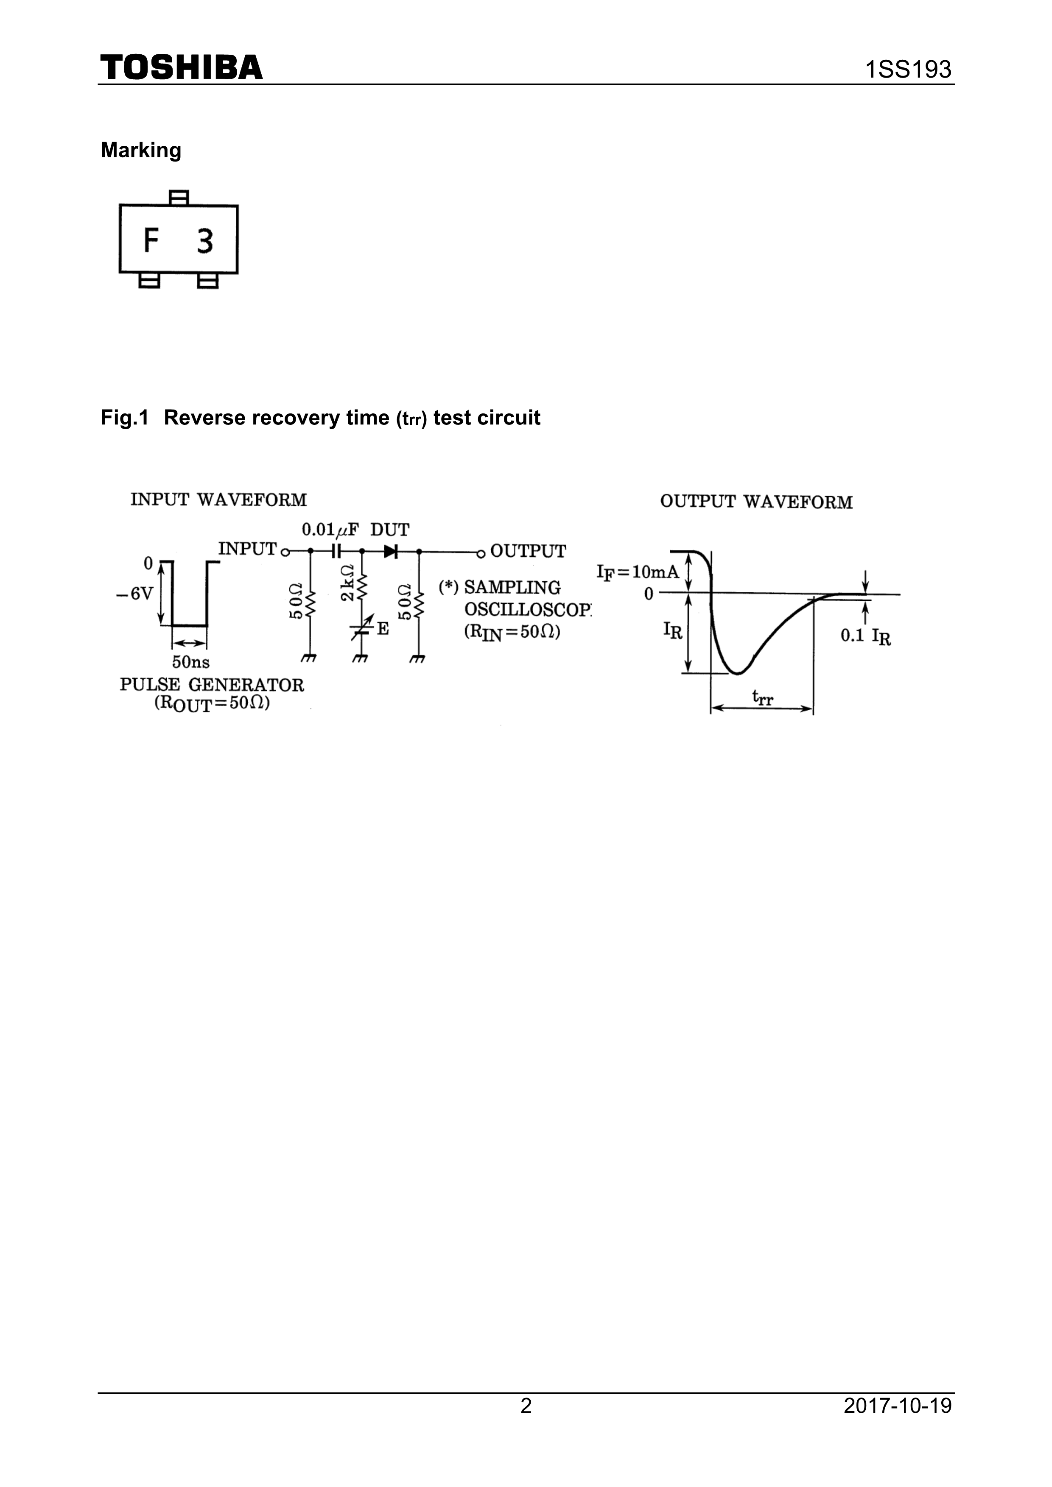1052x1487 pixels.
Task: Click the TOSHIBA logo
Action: click(182, 67)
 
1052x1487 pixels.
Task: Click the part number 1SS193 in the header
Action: click(909, 69)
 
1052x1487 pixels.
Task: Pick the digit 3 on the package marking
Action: click(205, 242)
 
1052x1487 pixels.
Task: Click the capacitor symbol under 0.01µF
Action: click(336, 551)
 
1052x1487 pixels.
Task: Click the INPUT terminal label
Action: click(247, 549)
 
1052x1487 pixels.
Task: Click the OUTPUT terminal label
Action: click(528, 551)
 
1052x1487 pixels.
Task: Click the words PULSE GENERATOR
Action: click(211, 685)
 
